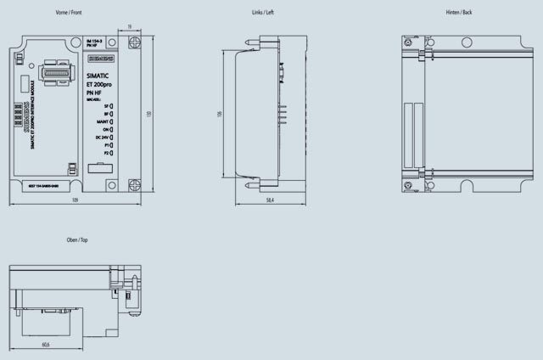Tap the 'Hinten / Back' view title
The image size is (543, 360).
coord(458,13)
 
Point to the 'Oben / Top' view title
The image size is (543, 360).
coord(77,240)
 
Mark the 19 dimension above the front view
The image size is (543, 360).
coord(129,26)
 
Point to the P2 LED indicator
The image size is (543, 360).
coord(112,152)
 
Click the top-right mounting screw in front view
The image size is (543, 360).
coord(134,49)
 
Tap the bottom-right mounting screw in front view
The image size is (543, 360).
coord(134,183)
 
